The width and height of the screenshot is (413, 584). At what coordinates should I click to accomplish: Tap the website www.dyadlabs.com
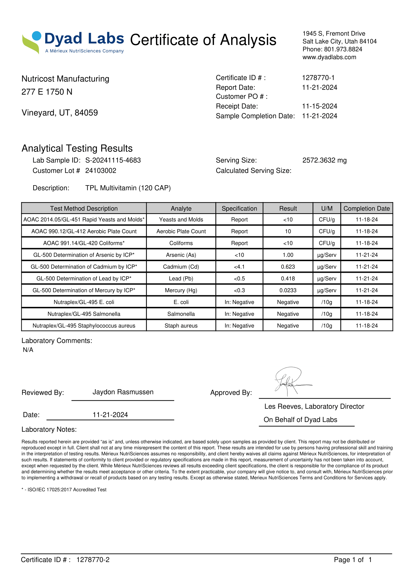329,57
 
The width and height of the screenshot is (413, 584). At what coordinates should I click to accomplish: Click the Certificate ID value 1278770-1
318,78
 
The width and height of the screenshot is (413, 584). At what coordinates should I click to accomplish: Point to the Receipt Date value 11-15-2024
319,106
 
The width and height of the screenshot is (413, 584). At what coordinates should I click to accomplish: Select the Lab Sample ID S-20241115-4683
113,160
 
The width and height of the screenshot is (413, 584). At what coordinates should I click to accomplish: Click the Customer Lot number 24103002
100,171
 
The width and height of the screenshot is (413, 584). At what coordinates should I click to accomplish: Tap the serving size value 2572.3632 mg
324,160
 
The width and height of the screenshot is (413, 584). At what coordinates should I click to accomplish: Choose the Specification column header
239,208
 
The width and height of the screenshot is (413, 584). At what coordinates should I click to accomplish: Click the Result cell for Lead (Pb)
288,279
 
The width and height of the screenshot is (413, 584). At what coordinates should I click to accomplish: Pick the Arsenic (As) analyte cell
181,255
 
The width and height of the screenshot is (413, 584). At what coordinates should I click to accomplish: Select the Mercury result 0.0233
288,290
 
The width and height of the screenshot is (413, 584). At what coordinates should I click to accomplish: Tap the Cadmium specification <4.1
239,267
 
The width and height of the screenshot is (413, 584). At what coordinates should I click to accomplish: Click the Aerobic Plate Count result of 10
288,231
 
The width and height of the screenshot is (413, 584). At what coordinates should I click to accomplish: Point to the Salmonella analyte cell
181,314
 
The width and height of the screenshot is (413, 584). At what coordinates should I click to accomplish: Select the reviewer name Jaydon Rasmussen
123,392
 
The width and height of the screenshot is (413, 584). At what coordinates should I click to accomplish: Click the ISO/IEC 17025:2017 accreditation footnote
64,490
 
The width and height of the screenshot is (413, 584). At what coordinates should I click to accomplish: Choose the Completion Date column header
367,208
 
